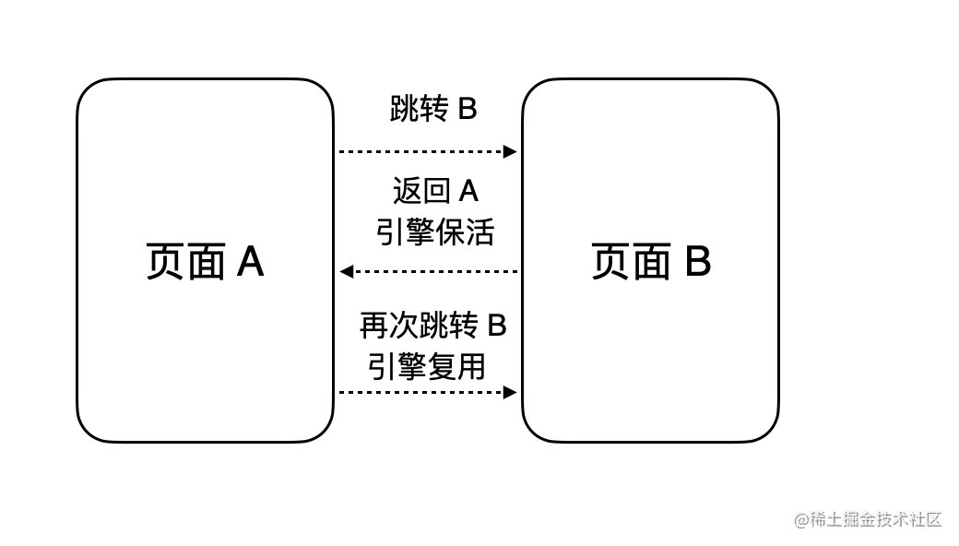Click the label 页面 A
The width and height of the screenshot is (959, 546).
pyautogui.click(x=205, y=261)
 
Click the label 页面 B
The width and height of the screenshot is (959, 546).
pyautogui.click(x=651, y=261)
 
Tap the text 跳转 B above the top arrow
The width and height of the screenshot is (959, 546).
pyautogui.click(x=433, y=109)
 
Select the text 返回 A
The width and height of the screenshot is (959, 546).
pyautogui.click(x=435, y=191)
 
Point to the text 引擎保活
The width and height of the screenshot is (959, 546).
pyautogui.click(x=435, y=232)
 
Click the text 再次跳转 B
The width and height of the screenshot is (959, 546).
pyautogui.click(x=433, y=325)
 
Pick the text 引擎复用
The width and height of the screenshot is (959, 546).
pyautogui.click(x=427, y=366)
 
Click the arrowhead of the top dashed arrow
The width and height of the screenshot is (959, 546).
pyautogui.click(x=510, y=151)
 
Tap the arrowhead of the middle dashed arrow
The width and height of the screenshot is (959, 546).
pyautogui.click(x=347, y=271)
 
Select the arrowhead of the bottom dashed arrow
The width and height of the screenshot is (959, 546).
pyautogui.click(x=510, y=392)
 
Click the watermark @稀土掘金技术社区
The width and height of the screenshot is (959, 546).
pyautogui.click(x=868, y=519)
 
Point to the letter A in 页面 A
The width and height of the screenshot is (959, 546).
pyautogui.click(x=251, y=262)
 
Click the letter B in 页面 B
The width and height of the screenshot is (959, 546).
pyautogui.click(x=698, y=262)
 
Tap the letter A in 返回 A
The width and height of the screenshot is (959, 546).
pyautogui.click(x=468, y=191)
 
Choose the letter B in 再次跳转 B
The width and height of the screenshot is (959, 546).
pyautogui.click(x=497, y=326)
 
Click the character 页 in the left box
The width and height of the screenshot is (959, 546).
pyautogui.click(x=165, y=262)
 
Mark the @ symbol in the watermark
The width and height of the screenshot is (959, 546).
pyautogui.click(x=802, y=520)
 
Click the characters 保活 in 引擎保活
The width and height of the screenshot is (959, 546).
pyautogui.click(x=465, y=232)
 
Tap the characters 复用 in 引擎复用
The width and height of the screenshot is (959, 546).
pyautogui.click(x=456, y=366)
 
